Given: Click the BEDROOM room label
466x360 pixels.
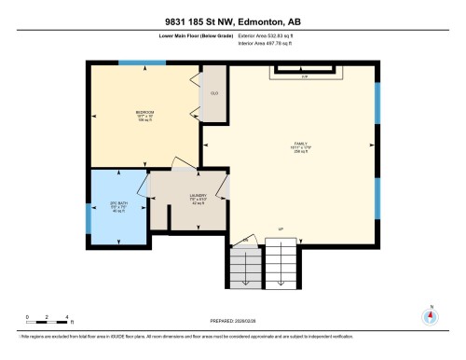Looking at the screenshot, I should pos(144,112).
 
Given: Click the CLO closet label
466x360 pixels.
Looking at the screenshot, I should pos(213,93).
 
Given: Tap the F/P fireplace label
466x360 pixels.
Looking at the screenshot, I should pos(304,76).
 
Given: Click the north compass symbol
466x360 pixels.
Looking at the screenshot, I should pos(430,314).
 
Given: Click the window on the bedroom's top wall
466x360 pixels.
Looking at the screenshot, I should pos(144,63).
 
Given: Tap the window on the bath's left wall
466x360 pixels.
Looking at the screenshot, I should pos(88,217).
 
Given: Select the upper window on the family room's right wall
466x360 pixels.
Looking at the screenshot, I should pos(377,104).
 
